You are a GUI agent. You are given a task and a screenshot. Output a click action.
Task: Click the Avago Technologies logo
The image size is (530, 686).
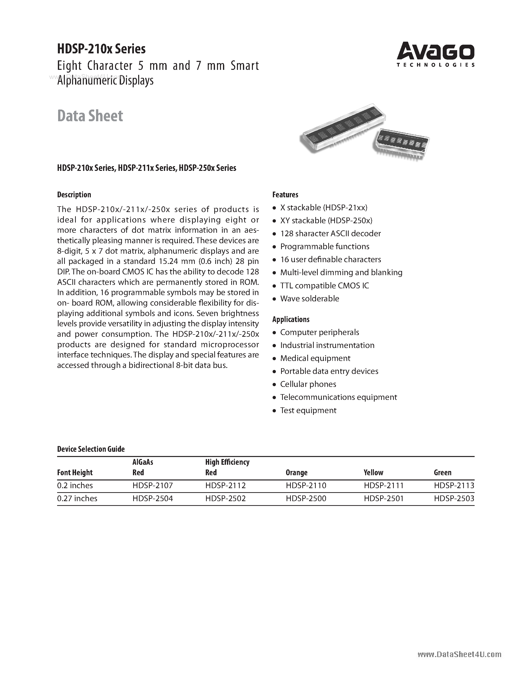[x=435, y=54]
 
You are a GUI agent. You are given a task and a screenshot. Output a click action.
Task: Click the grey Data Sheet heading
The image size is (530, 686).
[x=90, y=116]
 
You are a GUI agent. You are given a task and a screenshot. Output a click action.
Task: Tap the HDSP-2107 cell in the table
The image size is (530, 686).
[x=153, y=486]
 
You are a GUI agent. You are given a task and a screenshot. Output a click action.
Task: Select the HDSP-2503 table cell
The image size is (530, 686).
[x=454, y=498]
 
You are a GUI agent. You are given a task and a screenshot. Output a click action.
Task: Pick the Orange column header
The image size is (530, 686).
[x=296, y=473]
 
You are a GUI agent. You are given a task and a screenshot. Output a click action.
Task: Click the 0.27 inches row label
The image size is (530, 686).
[x=77, y=498]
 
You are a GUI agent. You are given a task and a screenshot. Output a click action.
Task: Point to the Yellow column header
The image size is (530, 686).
[x=373, y=473]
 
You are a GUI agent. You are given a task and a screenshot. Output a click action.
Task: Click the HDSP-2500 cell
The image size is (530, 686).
[x=306, y=498]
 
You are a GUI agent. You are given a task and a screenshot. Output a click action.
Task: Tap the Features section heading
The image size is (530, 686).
[x=285, y=195]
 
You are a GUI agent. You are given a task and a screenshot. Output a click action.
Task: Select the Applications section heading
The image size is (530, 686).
[x=291, y=320]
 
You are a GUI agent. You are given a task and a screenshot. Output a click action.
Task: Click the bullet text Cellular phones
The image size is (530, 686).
[x=308, y=384]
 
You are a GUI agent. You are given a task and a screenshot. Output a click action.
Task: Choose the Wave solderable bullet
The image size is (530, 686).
[x=310, y=298]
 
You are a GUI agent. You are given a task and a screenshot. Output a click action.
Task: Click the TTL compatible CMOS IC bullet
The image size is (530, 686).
[x=324, y=286]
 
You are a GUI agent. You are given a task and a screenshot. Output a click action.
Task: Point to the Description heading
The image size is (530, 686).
[x=74, y=195]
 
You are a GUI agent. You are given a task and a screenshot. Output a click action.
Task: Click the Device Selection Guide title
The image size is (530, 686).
[x=91, y=449]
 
